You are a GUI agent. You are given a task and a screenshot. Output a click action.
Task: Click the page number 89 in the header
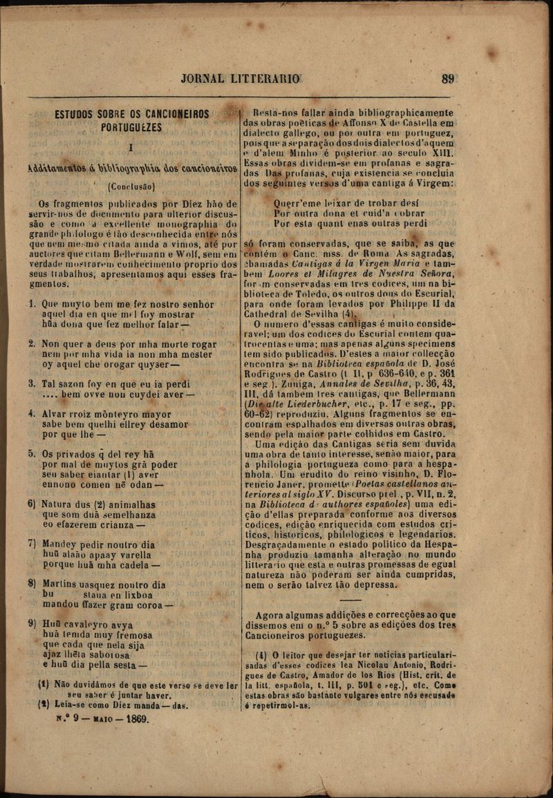coord(449,79)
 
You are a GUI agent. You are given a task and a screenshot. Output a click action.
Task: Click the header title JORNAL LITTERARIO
coord(241,79)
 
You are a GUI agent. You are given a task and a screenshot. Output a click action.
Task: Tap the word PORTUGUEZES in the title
coord(131,128)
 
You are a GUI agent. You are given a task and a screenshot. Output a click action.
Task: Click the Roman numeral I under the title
coord(131,147)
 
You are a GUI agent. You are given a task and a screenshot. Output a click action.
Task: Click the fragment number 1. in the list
coord(32,303)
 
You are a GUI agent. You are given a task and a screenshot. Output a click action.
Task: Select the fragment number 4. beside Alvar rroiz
coord(32,415)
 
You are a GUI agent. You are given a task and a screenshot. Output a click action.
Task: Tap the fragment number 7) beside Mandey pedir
coord(32,544)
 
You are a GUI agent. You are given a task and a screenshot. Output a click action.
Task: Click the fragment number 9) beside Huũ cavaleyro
coord(32,625)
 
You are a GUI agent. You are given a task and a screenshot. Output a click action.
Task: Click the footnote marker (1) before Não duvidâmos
coord(43,684)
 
